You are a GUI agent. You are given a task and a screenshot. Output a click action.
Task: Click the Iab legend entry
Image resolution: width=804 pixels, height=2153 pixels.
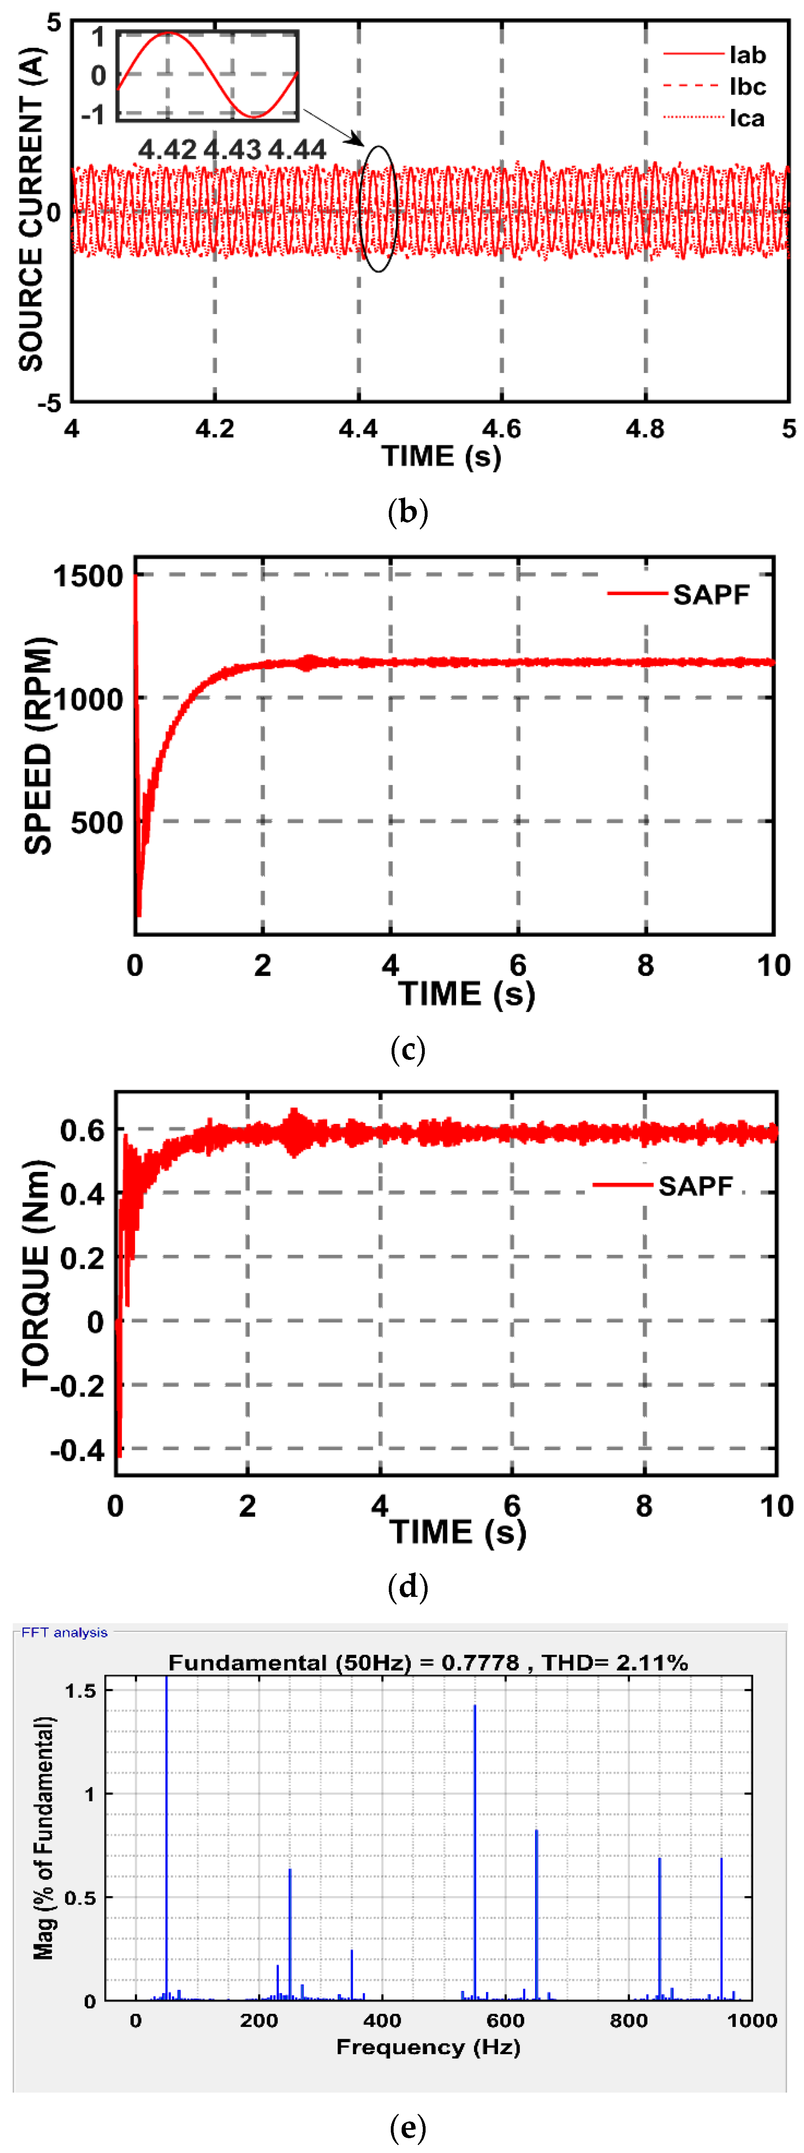[746, 55]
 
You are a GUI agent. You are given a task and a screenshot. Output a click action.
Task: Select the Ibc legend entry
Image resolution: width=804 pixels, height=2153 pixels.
[746, 87]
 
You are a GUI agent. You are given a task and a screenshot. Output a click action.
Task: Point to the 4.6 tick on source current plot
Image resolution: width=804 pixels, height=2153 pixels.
[502, 429]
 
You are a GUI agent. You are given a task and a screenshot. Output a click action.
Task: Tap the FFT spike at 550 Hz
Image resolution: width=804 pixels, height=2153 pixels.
[475, 1847]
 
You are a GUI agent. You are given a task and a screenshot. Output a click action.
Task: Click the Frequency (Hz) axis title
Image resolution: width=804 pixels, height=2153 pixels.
[428, 2047]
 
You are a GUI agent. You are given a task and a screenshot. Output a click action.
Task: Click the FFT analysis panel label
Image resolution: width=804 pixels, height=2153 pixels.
[64, 1632]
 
